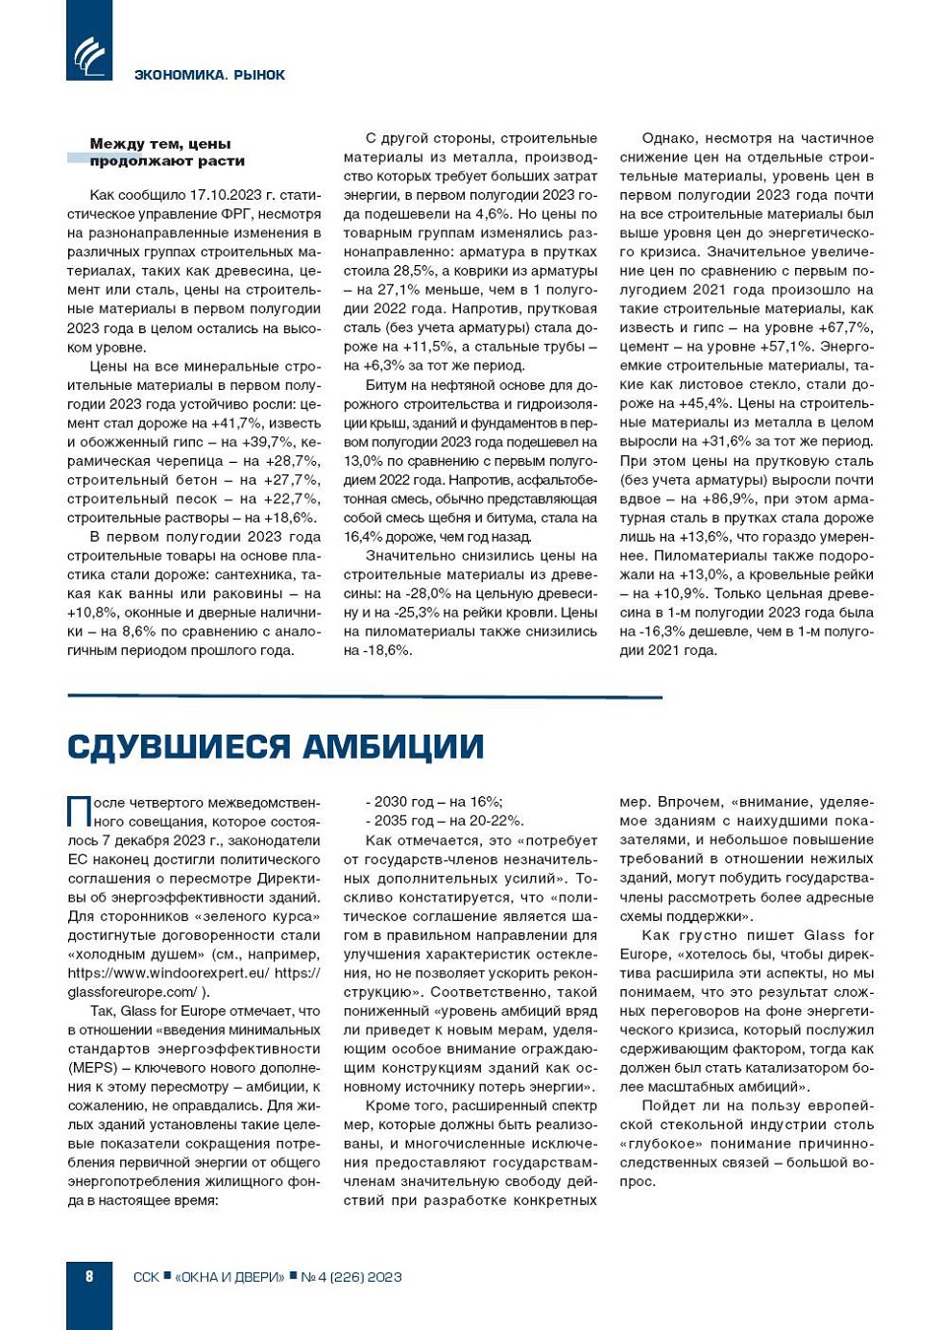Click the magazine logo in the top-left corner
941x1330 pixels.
tap(89, 54)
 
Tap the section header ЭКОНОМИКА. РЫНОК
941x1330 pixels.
tap(209, 75)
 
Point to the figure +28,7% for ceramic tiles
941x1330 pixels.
tap(294, 461)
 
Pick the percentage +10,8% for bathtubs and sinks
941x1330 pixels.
tap(91, 613)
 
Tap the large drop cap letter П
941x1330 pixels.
tap(79, 811)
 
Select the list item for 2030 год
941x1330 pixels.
tap(433, 802)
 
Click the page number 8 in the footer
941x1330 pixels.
tap(89, 1276)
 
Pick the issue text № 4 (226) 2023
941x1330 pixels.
tap(350, 1277)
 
